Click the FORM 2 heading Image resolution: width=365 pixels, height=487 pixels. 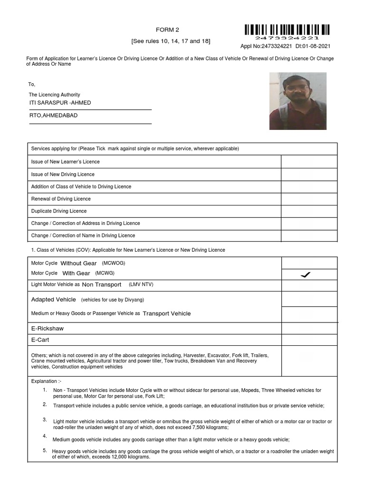[x=170, y=29]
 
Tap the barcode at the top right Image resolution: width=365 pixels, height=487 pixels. [x=287, y=30]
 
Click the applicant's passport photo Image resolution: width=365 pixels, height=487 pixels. [x=298, y=101]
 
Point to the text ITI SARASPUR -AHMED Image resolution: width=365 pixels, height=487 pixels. [x=60, y=103]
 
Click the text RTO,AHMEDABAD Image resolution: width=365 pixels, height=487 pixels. [x=54, y=116]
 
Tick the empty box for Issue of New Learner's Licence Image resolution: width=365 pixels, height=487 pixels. [x=309, y=162]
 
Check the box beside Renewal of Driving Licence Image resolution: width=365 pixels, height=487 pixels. [x=309, y=199]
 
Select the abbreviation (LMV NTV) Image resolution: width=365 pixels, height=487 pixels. [x=141, y=284]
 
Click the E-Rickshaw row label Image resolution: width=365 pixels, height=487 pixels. [x=48, y=329]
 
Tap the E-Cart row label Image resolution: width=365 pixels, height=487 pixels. [x=40, y=340]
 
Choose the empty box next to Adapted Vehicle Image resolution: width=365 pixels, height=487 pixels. [x=309, y=300]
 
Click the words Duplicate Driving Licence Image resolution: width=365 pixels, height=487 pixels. [x=59, y=211]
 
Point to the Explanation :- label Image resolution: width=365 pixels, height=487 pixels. [x=46, y=381]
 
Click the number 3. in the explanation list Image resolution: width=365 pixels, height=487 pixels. [x=45, y=419]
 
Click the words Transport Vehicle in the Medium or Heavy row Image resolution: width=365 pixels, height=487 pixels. [x=167, y=314]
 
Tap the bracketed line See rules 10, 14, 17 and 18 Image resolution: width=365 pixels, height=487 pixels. [x=171, y=41]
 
